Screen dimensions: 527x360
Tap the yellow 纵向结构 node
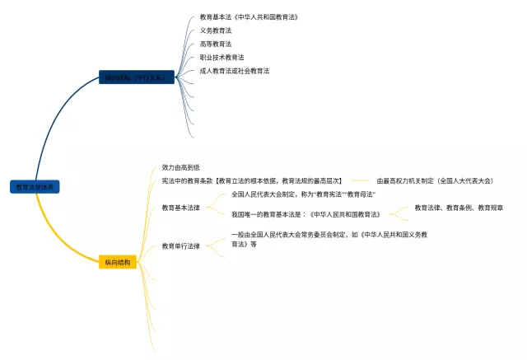(117, 262)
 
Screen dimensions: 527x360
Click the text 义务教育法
(216, 30)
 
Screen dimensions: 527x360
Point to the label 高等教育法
(216, 44)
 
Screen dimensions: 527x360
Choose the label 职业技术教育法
(222, 58)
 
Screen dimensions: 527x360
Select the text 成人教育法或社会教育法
(235, 71)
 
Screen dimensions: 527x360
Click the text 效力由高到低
(181, 167)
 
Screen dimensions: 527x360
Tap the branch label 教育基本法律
(181, 208)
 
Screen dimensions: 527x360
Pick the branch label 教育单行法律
(181, 245)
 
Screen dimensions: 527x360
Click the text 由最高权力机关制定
(405, 180)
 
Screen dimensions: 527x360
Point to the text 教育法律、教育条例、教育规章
(459, 208)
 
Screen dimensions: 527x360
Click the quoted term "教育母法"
(361, 194)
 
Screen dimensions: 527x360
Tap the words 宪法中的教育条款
(187, 180)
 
